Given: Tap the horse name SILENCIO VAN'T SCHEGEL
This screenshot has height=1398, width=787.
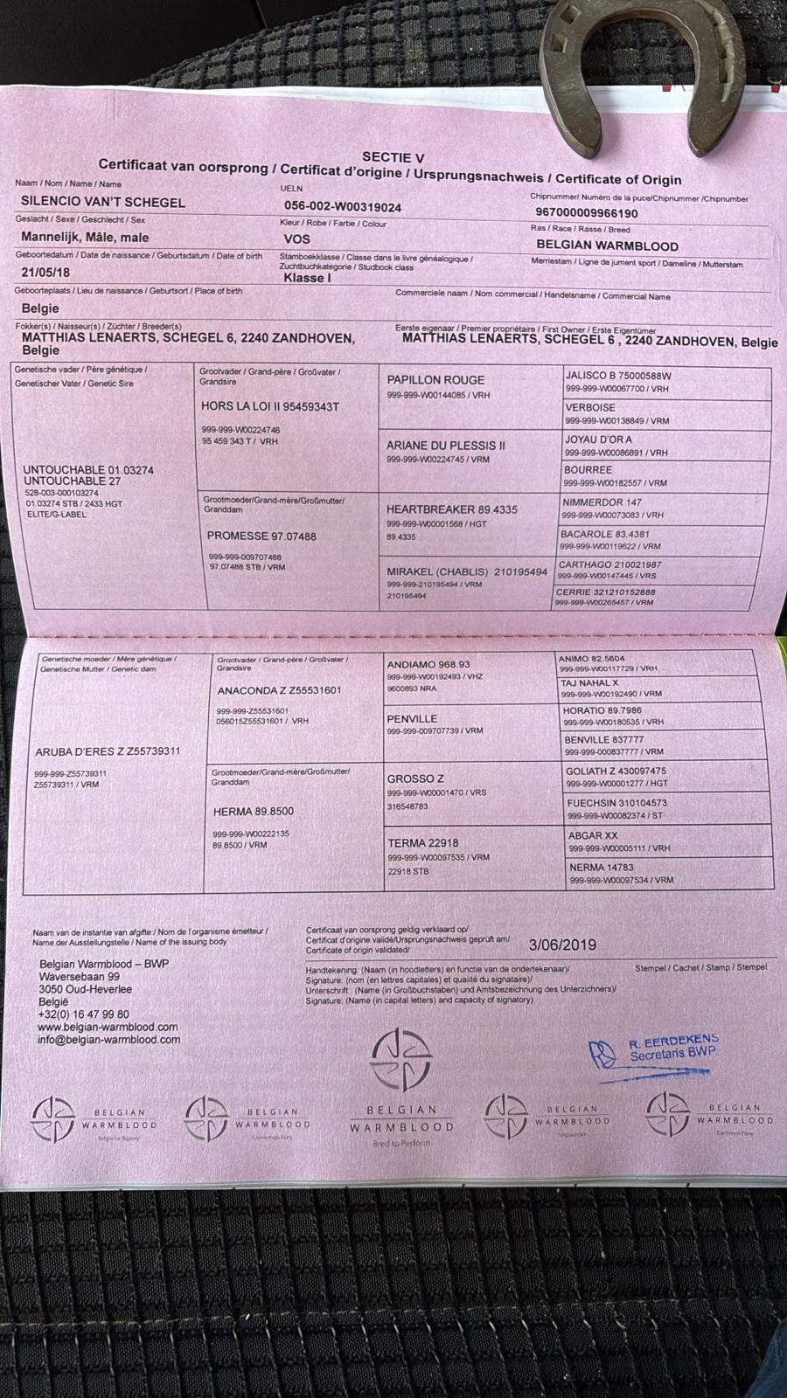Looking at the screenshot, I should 103,202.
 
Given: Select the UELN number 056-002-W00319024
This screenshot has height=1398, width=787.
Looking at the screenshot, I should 343,207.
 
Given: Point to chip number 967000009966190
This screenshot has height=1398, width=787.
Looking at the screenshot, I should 587,213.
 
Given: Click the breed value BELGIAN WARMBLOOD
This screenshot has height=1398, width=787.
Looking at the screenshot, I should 607,246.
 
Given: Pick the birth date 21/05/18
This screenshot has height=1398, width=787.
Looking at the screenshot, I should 45,273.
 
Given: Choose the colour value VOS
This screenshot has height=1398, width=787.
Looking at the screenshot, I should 297,239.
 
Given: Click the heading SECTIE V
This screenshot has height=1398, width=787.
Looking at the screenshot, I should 393,158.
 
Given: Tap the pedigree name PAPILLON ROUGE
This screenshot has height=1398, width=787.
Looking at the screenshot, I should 435,380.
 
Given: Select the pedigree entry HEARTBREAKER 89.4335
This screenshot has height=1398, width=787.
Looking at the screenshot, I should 452,509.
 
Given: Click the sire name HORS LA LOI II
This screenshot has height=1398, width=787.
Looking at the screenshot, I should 269,406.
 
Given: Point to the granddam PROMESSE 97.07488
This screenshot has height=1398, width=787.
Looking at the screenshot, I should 261,536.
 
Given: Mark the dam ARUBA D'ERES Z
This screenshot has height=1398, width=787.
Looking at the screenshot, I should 108,751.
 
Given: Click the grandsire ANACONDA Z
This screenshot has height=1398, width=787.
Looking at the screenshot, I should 279,690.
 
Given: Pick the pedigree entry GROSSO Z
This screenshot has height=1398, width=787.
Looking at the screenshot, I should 415,779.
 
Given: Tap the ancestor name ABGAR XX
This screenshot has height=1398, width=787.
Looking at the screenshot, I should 593,835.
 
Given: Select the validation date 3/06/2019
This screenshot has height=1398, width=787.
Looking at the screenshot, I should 562,945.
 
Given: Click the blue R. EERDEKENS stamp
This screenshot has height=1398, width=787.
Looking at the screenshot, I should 655,1050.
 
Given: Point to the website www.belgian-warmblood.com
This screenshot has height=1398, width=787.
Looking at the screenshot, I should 108,1028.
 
